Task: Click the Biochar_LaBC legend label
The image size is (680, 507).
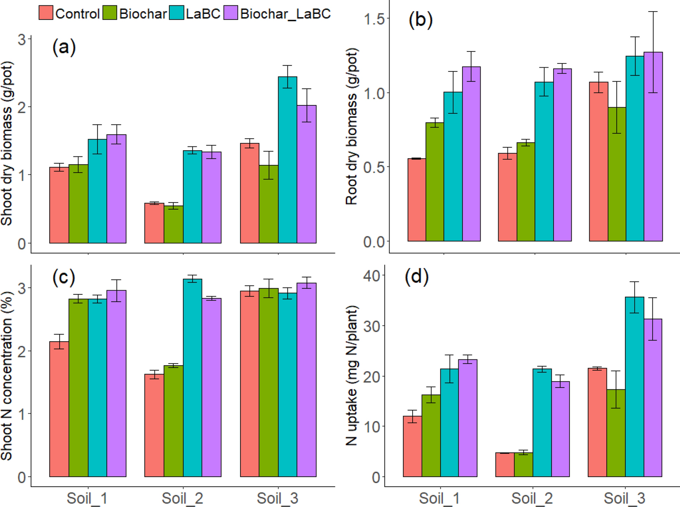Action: pos(285,14)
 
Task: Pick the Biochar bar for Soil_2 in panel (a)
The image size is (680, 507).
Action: pos(173,224)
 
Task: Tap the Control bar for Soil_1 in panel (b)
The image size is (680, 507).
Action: pos(416,200)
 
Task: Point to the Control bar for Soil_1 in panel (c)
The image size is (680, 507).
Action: pos(59,409)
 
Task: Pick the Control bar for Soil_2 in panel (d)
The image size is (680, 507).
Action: pos(504,465)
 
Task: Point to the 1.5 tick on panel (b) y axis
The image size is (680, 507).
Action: pos(375,19)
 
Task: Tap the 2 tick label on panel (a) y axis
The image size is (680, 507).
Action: pos(22,107)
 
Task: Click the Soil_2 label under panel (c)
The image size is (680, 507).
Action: pos(182,498)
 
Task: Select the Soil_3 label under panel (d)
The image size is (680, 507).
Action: pos(624,498)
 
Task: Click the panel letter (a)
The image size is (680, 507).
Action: pos(64,47)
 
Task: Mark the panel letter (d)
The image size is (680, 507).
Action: pos(416,277)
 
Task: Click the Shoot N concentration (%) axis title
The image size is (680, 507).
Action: pos(7,375)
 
